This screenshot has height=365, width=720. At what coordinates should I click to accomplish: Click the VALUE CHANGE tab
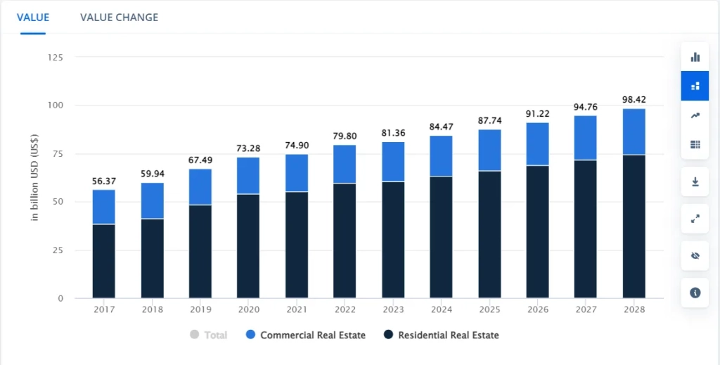(119, 17)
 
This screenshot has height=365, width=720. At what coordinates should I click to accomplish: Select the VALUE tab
(33, 17)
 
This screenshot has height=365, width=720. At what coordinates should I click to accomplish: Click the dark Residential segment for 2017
(104, 261)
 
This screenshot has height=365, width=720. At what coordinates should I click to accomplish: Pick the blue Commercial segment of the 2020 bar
(248, 175)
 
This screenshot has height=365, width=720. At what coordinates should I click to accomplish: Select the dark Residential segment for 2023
(394, 240)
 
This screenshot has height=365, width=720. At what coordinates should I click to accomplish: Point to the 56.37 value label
(104, 181)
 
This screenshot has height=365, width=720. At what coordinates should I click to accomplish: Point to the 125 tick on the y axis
(55, 57)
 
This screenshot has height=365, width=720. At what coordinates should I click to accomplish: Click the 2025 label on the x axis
(490, 309)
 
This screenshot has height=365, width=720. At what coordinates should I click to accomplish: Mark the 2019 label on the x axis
(200, 309)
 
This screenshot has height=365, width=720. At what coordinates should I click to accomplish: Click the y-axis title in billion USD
(34, 178)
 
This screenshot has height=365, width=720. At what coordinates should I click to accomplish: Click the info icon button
(695, 293)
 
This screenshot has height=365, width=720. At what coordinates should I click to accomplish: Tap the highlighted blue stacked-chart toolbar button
(695, 86)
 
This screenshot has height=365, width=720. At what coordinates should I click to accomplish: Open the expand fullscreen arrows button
(695, 219)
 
